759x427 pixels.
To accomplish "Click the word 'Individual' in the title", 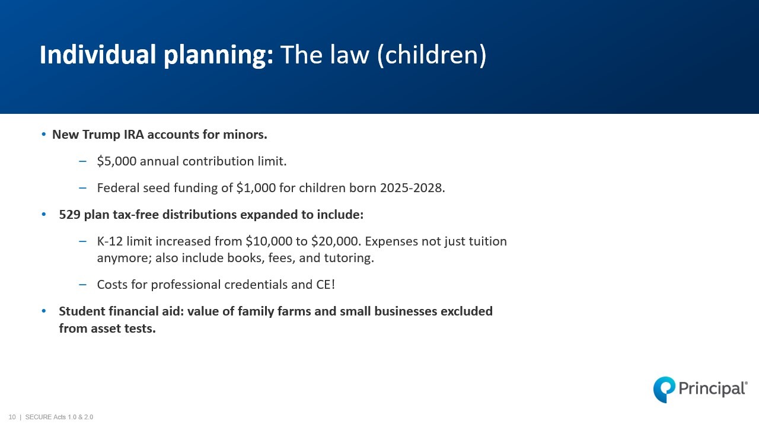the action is tap(98, 55).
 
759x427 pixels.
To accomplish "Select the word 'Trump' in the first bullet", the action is tap(101, 135).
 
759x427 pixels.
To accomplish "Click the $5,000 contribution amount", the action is tap(117, 161).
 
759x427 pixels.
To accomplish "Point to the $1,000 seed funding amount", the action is tap(256, 188).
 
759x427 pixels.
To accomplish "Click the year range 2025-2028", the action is tap(411, 188).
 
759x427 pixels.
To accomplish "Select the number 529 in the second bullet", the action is tap(70, 215).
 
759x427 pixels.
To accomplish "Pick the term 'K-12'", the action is tap(110, 241).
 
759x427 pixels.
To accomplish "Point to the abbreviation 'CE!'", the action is tap(326, 285).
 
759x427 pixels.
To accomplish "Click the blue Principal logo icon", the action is tap(664, 390).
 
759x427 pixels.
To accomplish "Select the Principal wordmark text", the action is tap(713, 388).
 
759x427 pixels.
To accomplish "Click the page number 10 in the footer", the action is tap(12, 417).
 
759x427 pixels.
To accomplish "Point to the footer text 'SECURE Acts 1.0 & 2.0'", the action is tap(59, 417).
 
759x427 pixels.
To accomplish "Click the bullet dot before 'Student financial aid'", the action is tap(44, 311).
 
